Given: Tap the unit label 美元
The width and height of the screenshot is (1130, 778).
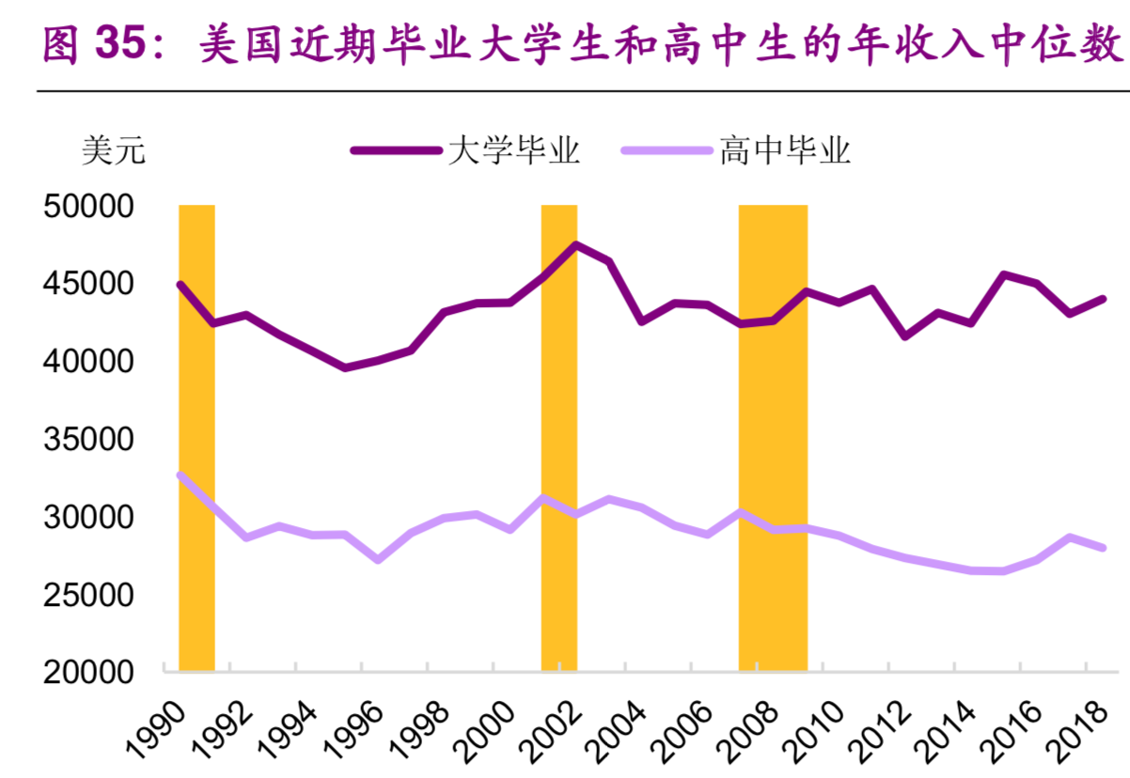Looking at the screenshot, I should (114, 150).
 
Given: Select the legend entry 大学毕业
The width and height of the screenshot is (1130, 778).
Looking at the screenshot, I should (513, 150).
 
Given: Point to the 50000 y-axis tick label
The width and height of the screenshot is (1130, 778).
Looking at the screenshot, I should (90, 207).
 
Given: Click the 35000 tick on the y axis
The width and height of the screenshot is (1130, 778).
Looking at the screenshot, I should (90, 440).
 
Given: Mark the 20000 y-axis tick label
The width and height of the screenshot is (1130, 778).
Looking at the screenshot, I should (90, 673).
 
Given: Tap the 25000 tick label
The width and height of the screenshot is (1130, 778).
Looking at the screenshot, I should (90, 595).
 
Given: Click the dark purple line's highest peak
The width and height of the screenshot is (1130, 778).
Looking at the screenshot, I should (575, 245).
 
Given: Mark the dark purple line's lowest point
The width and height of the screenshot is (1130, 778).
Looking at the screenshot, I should (345, 367).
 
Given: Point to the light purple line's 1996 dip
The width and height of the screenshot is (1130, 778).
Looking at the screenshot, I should (378, 559).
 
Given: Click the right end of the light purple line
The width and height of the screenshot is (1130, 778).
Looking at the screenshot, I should (1103, 548).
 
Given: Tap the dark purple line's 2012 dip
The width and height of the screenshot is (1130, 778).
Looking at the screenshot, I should (904, 335).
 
